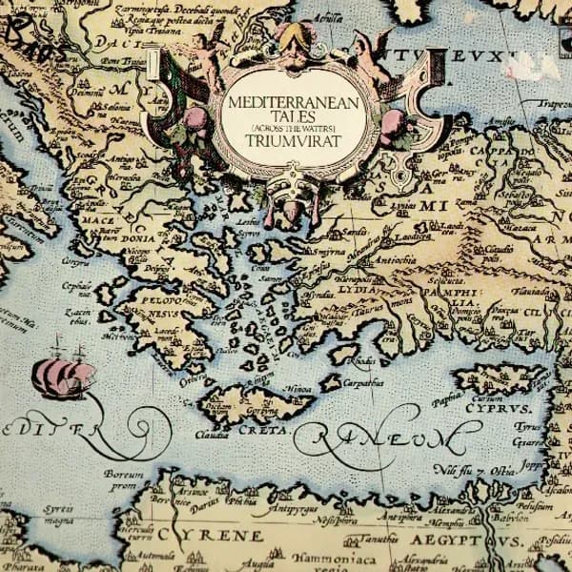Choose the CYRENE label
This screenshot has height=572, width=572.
[211, 536]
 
